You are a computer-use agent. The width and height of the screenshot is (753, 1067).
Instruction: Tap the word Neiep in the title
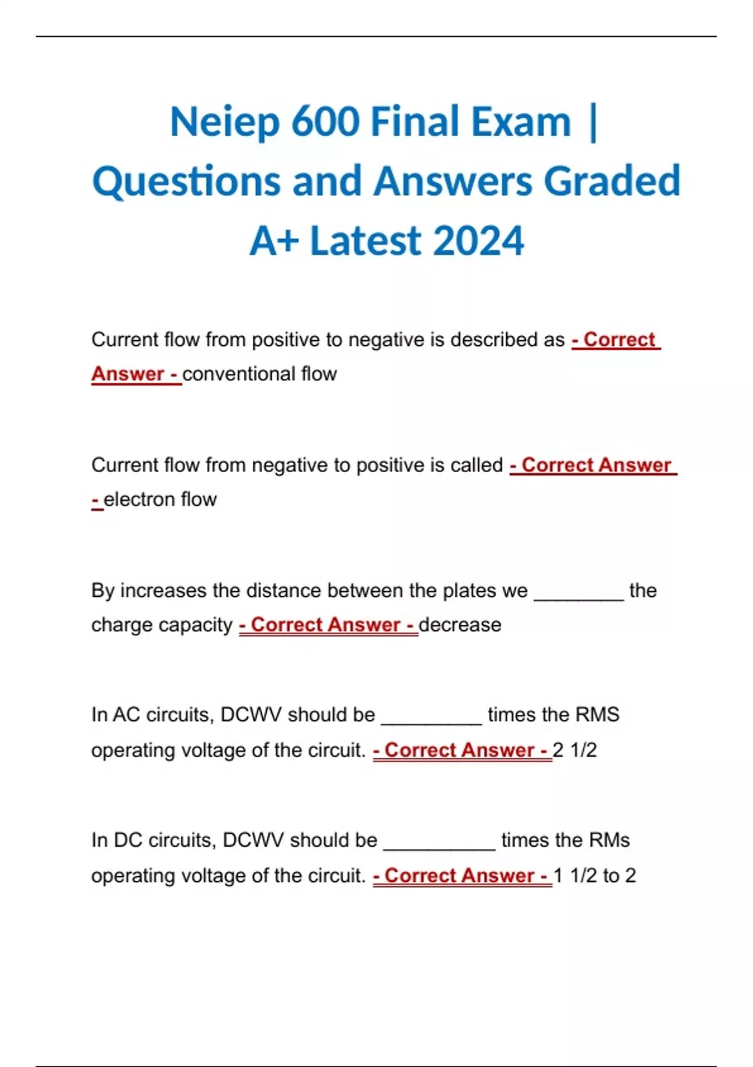tap(225, 122)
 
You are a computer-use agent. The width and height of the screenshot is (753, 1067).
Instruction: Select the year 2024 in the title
tap(478, 241)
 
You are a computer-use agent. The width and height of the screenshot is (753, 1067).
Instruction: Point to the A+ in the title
tap(274, 241)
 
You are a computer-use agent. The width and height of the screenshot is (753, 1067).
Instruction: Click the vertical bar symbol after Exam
tap(594, 122)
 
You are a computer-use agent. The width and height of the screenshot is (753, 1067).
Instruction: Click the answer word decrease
tap(460, 625)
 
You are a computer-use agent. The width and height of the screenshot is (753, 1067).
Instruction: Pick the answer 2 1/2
tap(575, 750)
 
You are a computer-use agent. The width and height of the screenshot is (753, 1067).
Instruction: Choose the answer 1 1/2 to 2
tap(595, 876)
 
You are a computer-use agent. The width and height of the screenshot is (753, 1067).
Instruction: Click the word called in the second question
tap(476, 465)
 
